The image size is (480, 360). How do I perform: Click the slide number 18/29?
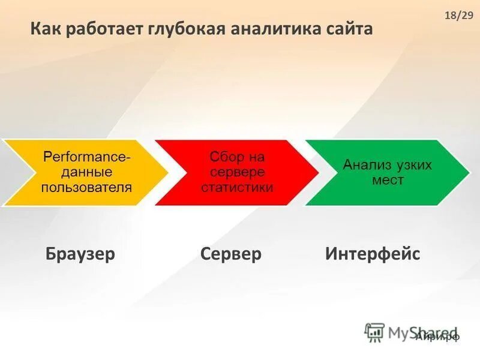(x=459, y=16)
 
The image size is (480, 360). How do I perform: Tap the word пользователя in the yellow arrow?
(x=86, y=187)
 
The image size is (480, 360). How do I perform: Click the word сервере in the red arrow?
(x=237, y=173)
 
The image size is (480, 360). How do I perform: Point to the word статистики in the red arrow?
(x=237, y=187)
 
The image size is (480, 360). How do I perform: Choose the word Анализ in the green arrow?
(x=367, y=165)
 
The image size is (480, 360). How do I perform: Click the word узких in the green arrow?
(x=413, y=165)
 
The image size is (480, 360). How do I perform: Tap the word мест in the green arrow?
(x=388, y=179)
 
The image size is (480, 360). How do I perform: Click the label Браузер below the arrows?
(x=80, y=254)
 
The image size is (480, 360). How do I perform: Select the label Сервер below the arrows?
(x=231, y=254)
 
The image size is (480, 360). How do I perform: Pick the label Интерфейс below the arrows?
(x=373, y=254)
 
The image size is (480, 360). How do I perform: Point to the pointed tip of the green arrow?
(x=468, y=173)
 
